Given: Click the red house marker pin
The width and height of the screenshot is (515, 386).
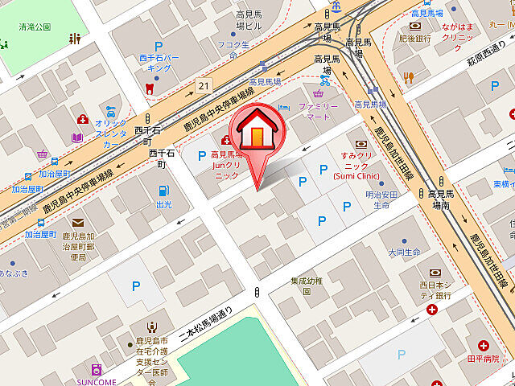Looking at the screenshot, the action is click(256, 132).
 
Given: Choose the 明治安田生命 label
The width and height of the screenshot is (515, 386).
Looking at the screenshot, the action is click(383, 199).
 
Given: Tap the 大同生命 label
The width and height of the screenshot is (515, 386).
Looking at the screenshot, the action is click(404, 252).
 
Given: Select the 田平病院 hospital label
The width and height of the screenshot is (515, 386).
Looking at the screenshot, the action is click(483, 358).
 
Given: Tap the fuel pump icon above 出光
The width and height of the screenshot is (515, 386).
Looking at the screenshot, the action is click(163, 191).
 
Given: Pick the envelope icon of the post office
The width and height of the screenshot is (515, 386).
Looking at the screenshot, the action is click(77, 223).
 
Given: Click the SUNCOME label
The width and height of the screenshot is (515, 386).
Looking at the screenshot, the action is click(97, 381).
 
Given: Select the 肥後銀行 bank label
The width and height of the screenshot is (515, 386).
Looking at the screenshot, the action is click(415, 38).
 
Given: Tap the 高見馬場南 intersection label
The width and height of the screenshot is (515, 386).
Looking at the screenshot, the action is click(443, 199).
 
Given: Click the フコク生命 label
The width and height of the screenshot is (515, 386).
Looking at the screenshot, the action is click(233, 50).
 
